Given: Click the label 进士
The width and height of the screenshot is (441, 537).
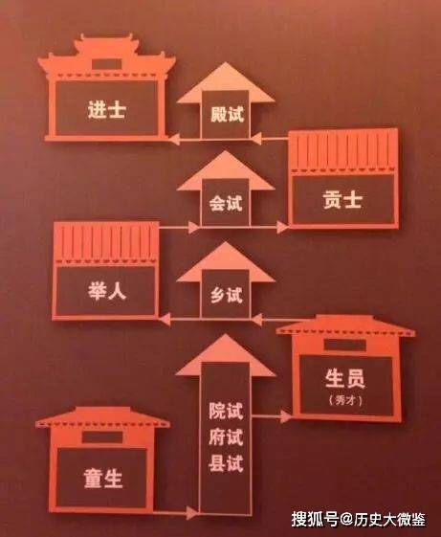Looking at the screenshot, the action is [x=106, y=110].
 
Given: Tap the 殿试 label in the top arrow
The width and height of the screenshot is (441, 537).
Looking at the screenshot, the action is [x=227, y=114].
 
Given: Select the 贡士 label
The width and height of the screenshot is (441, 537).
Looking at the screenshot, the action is [x=342, y=200].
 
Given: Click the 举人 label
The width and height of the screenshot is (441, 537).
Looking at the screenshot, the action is [x=106, y=291].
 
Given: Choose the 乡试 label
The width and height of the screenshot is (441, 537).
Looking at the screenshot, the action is [x=227, y=295].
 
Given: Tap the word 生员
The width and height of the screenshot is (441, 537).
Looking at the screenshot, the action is [x=344, y=378].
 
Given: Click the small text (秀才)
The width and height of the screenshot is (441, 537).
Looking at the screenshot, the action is [x=345, y=400].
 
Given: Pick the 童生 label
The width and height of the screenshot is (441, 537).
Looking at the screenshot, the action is [x=103, y=478].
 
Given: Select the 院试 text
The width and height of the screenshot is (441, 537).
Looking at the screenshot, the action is [x=226, y=411].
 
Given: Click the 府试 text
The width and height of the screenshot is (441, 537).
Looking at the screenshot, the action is [x=226, y=437].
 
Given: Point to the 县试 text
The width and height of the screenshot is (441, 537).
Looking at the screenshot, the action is [x=226, y=463].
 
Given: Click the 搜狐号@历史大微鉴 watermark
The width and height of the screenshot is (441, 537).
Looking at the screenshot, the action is [x=359, y=519].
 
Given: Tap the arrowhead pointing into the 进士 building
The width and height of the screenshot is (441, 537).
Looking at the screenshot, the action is [x=175, y=139].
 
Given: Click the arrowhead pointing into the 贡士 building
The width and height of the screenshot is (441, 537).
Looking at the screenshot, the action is [x=282, y=227].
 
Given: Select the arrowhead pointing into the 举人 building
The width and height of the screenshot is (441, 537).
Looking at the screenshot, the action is [x=165, y=319].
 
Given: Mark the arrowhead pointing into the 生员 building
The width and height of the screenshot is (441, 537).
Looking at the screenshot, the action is [x=286, y=416].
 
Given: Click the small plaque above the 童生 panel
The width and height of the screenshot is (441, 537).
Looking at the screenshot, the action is [x=102, y=437].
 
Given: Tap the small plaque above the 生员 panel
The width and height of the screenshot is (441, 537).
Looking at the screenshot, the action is [x=344, y=345].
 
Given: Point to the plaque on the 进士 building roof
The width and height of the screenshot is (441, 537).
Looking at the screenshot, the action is [x=107, y=64].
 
